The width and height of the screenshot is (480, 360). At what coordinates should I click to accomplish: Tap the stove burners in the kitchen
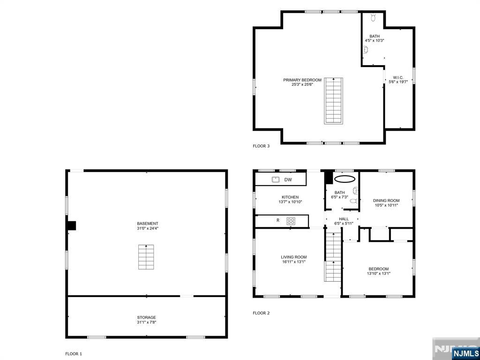point(291,220)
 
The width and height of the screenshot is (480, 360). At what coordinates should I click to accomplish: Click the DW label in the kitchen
point(288,180)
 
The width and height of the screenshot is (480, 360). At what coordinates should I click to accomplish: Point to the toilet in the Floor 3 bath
point(374,18)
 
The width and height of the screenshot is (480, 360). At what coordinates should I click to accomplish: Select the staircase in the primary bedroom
point(333,100)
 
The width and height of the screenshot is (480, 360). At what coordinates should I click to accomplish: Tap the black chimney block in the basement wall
point(71,225)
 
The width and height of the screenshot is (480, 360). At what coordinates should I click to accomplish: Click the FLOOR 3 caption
point(261,146)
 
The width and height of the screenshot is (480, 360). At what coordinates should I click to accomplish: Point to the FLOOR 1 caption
point(73,354)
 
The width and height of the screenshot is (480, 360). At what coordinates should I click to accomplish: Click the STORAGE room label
point(146,317)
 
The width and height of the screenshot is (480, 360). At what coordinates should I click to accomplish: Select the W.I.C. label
point(398,77)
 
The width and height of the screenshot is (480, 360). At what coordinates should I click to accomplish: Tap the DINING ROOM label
point(387,201)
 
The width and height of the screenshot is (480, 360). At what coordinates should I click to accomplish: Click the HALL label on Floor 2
point(344,219)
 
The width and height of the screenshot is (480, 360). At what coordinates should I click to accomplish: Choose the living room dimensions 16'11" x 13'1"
point(294,262)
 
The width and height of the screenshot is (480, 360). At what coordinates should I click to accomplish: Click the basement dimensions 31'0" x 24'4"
point(148,229)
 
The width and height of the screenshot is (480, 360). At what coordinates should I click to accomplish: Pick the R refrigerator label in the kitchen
point(277,220)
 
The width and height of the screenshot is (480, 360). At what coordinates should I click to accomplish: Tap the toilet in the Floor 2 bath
point(354,201)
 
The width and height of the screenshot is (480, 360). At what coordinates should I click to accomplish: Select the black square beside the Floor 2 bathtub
point(329,178)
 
